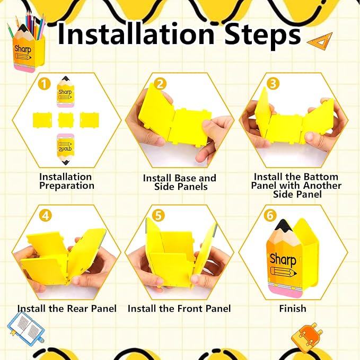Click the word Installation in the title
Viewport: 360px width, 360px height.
(136, 33)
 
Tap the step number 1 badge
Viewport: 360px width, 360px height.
(45, 84)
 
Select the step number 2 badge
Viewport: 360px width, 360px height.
(160, 84)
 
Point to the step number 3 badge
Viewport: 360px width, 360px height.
(273, 84)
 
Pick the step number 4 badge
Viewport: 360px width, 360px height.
(46, 216)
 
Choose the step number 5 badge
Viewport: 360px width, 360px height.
(159, 216)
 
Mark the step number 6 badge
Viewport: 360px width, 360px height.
(270, 216)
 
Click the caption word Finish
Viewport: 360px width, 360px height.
(293, 309)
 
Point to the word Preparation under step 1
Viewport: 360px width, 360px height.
(67, 186)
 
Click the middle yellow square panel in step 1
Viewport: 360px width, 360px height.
(66, 120)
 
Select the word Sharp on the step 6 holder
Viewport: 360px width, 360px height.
(283, 259)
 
